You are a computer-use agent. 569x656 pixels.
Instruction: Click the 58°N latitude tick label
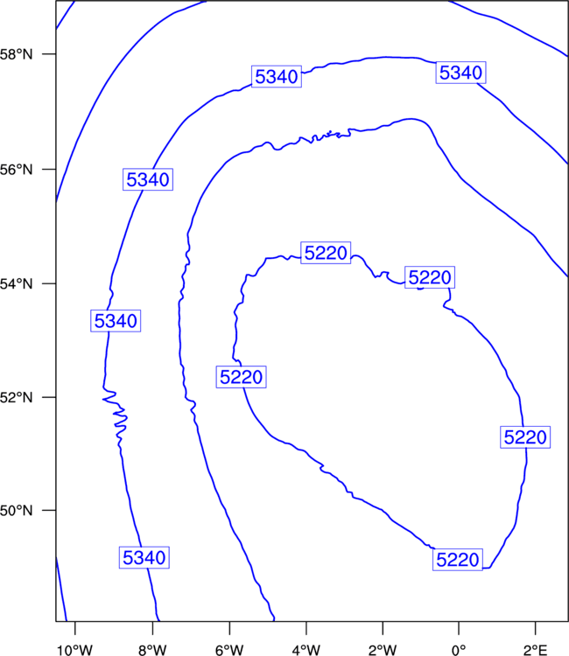point(16,54)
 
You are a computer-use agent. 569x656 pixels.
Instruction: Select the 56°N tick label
point(16,170)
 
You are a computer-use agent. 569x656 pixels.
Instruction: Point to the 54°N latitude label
point(16,284)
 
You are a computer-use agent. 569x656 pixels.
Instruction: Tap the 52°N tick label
point(16,397)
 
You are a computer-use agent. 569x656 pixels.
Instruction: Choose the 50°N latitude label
point(16,511)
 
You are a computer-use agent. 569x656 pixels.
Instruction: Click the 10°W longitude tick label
point(74,650)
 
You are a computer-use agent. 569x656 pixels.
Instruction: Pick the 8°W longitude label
point(152,650)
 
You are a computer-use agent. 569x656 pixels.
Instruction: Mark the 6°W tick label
point(229,650)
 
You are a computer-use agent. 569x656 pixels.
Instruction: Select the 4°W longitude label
point(306,650)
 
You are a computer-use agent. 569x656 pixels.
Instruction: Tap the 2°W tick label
point(383,650)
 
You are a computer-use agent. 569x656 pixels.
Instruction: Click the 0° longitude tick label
point(459,650)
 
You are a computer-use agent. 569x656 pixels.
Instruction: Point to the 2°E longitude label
point(536,650)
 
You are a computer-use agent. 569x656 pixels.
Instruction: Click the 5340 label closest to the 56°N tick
point(148,179)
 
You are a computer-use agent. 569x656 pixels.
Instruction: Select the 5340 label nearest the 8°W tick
point(144,557)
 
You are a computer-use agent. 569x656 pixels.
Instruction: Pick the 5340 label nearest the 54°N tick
point(116,321)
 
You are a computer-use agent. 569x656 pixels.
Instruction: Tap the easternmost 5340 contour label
point(461,73)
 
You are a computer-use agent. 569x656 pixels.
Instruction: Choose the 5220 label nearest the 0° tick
point(458,560)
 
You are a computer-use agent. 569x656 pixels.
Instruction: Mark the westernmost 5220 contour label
point(241,376)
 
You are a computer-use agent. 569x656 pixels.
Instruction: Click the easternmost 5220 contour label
point(525,436)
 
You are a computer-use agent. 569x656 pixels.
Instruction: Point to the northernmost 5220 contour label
point(326,253)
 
